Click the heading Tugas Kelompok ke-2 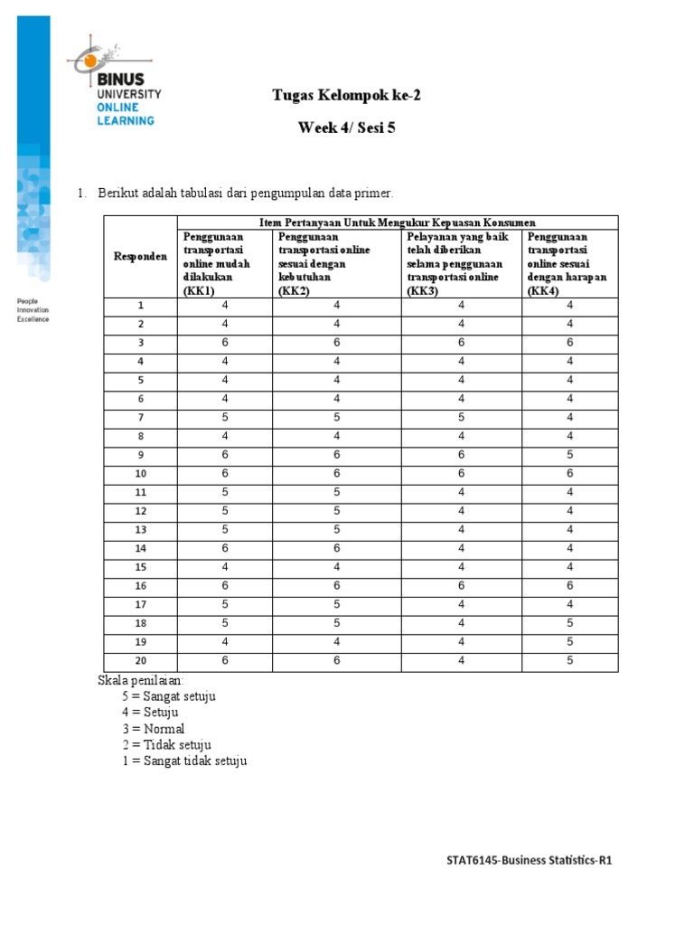pyautogui.click(x=346, y=95)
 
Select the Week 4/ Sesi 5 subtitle pyautogui.click(x=346, y=128)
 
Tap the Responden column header pyautogui.click(x=140, y=256)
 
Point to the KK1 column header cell pyautogui.click(x=224, y=263)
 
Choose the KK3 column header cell pyautogui.click(x=461, y=263)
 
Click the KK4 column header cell pyautogui.click(x=569, y=263)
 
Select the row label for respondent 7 pyautogui.click(x=140, y=418)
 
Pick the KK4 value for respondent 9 pyautogui.click(x=569, y=455)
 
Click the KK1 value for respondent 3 pyautogui.click(x=225, y=343)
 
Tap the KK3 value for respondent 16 pyautogui.click(x=461, y=586)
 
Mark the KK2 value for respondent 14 pyautogui.click(x=337, y=549)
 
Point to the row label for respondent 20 pyautogui.click(x=140, y=661)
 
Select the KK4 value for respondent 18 pyautogui.click(x=569, y=624)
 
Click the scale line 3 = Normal pyautogui.click(x=154, y=729)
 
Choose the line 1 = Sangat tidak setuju pyautogui.click(x=184, y=761)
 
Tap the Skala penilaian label pyautogui.click(x=140, y=680)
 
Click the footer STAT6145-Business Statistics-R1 pyautogui.click(x=530, y=861)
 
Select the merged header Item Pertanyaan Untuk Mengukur pyautogui.click(x=398, y=222)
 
